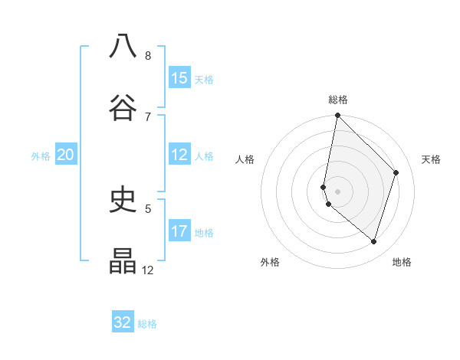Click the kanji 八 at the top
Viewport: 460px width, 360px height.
(123, 46)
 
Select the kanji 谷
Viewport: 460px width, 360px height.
(123, 107)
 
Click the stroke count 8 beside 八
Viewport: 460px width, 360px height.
(148, 55)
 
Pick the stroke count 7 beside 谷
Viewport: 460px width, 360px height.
(148, 116)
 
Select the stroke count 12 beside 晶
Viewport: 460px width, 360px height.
(148, 270)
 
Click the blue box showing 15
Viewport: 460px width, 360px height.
(179, 78)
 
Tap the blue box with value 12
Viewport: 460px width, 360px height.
(179, 155)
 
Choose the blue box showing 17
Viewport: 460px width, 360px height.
(179, 231)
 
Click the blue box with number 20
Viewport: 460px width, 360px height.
(66, 155)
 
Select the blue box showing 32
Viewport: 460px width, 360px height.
(123, 322)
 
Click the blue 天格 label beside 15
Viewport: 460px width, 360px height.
(204, 79)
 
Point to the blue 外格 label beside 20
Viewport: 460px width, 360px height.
(41, 155)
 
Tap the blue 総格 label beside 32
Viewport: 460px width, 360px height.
(147, 323)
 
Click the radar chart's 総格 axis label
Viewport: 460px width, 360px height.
(338, 100)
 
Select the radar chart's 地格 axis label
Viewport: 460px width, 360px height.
(402, 262)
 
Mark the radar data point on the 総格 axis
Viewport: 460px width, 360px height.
(337, 116)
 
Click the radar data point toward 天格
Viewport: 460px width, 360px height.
(396, 172)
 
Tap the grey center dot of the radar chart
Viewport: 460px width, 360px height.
(337, 191)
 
